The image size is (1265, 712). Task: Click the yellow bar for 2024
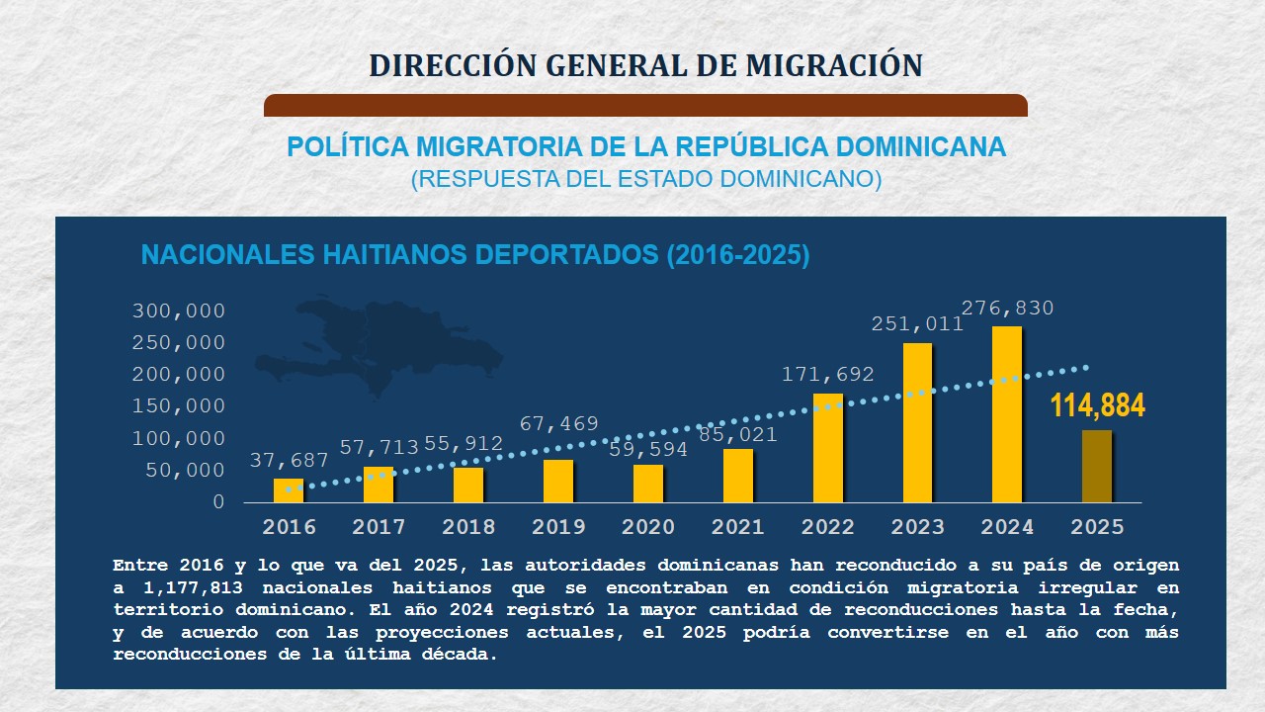pos(1007,414)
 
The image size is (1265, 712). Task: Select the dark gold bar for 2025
pos(1097,466)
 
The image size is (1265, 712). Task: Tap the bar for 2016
pos(289,490)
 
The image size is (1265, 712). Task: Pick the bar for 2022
pos(828,448)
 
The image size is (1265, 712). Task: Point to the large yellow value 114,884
pos(1097,405)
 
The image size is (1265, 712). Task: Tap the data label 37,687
pos(289,460)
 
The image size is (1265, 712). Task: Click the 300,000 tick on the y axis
pos(179,311)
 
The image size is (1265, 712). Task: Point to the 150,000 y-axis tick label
pos(179,406)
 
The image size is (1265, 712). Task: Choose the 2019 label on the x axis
pos(558,527)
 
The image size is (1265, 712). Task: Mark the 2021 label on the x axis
pos(738,527)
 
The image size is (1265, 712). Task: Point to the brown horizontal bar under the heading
pos(645,106)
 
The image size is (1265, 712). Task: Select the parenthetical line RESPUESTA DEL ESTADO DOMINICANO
pos(645,180)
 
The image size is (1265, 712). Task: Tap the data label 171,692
pos(828,375)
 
